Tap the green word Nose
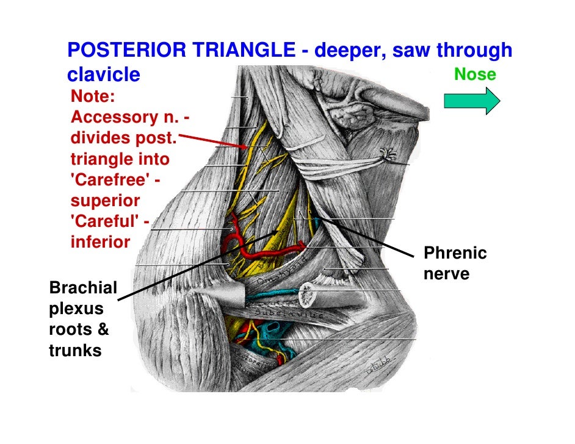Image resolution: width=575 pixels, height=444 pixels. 475,75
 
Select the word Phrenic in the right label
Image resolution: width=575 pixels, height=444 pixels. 455,253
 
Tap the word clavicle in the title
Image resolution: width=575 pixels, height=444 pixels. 103,75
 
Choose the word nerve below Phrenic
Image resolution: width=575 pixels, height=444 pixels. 447,274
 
